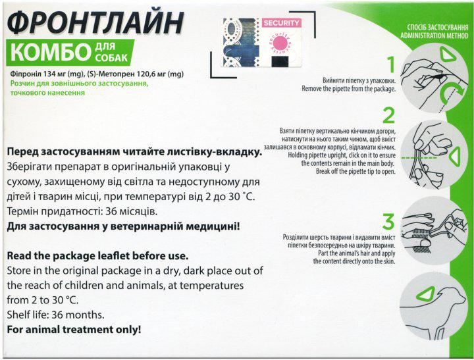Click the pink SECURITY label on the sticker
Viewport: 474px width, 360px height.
281,23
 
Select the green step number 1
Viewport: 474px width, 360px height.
390,65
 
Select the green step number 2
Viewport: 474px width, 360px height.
389,116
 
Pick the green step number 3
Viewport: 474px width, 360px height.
390,220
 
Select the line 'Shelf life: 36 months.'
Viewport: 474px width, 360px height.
57,315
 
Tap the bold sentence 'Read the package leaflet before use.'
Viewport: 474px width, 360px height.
97,255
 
